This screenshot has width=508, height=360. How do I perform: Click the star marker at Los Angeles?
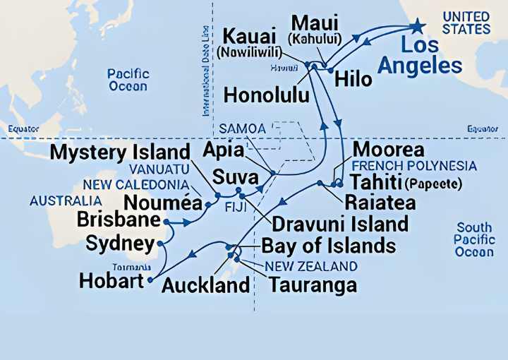[x=418, y=26]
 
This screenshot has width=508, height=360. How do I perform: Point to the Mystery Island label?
[x=121, y=152]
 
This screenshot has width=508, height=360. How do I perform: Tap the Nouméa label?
[x=163, y=203]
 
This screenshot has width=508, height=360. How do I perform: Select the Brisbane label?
[x=119, y=220]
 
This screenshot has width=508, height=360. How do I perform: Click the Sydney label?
[x=120, y=244]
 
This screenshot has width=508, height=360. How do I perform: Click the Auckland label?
[x=205, y=285]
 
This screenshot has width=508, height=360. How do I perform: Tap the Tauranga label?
[x=312, y=285]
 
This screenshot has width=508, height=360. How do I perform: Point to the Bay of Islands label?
[x=328, y=246]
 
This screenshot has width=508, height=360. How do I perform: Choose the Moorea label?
[x=388, y=150]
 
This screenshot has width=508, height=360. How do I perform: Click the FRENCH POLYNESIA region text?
[x=414, y=167]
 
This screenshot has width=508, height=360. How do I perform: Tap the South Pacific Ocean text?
[x=474, y=240]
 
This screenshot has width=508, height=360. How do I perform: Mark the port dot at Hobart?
[x=150, y=280]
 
